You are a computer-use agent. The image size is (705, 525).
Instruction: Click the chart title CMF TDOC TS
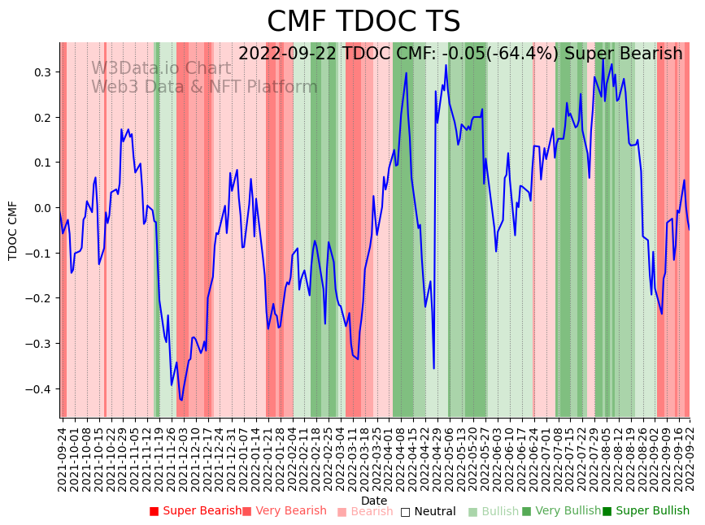pyautogui.click(x=363, y=22)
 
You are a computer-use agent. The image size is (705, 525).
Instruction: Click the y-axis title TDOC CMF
pyautogui.click(x=13, y=230)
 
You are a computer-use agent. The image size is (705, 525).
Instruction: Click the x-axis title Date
pyautogui.click(x=374, y=501)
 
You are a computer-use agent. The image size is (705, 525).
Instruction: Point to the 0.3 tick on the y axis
pyautogui.click(x=41, y=72)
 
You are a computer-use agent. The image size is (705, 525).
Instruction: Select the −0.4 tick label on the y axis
pyautogui.click(x=37, y=389)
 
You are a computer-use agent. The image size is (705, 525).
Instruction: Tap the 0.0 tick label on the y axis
pyautogui.click(x=41, y=208)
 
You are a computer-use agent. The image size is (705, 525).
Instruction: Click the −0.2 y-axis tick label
pyautogui.click(x=37, y=298)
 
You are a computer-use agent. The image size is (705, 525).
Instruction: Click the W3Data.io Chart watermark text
pyautogui.click(x=161, y=68)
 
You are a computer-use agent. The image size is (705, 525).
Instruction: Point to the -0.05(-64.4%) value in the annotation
pyautogui.click(x=505, y=54)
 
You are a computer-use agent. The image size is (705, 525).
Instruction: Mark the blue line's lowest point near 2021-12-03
pyautogui.click(x=181, y=400)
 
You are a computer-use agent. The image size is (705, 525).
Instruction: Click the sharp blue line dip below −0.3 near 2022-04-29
pyautogui.click(x=433, y=368)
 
